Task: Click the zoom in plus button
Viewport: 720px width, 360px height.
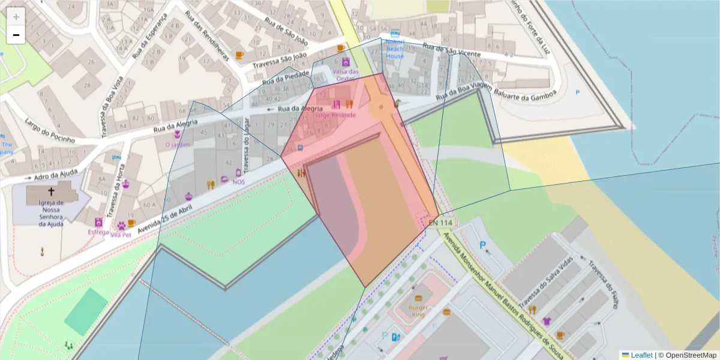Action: click(16, 17)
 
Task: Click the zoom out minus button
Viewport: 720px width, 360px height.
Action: click(16, 35)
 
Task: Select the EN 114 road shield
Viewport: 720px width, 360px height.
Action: click(440, 223)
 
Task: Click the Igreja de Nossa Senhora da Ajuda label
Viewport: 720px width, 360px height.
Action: click(50, 213)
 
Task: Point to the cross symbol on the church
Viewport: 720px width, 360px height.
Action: click(51, 192)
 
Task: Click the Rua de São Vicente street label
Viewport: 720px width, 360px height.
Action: click(451, 50)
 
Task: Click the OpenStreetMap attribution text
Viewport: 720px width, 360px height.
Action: click(687, 355)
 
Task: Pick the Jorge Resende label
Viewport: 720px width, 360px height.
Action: click(335, 115)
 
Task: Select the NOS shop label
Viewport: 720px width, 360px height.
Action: click(239, 182)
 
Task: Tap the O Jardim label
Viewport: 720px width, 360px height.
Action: click(177, 145)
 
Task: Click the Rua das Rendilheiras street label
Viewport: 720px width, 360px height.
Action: click(207, 36)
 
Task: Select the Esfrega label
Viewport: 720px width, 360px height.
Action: click(98, 232)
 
